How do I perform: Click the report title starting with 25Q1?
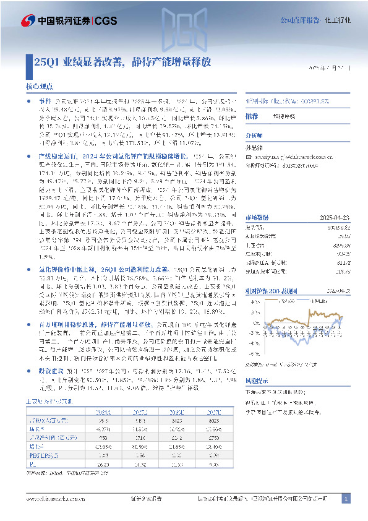124,62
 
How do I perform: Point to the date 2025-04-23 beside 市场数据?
334,217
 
